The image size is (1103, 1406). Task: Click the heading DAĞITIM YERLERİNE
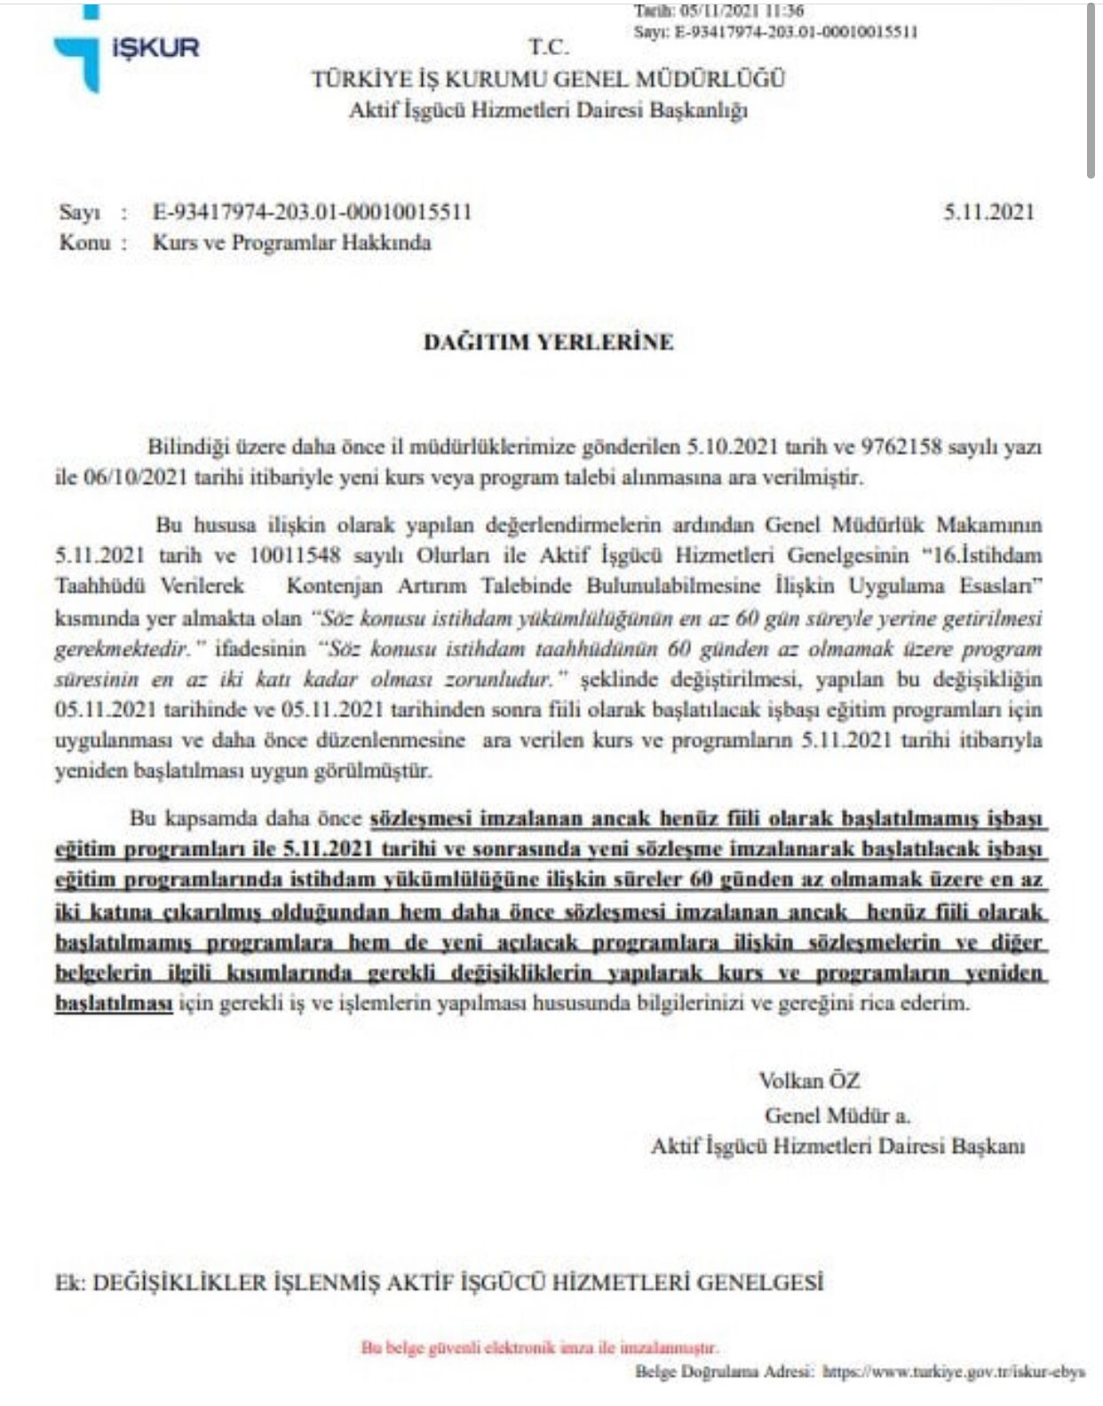(x=548, y=342)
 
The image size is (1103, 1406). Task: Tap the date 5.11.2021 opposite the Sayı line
(x=988, y=211)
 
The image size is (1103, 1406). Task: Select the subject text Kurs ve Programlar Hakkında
(x=291, y=242)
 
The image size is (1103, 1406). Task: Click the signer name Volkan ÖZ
(x=809, y=1080)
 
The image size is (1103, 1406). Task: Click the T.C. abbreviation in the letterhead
(x=549, y=47)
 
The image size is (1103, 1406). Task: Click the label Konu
(x=84, y=242)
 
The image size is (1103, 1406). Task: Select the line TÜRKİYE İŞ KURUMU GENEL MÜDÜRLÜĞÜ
(x=548, y=79)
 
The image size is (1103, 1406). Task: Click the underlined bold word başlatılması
(x=114, y=1004)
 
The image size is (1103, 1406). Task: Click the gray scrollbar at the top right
(x=1091, y=89)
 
